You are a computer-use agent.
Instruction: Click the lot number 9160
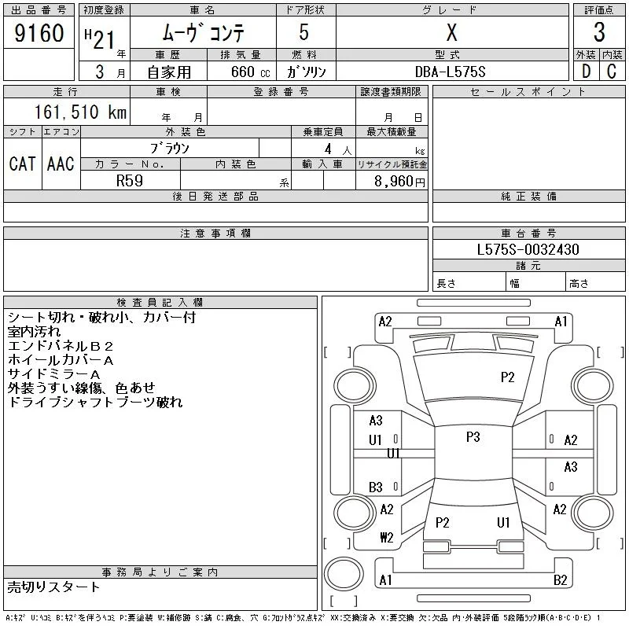39,33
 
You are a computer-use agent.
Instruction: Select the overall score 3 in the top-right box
599,32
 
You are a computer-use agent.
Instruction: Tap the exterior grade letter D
586,72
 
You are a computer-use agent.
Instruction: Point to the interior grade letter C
612,72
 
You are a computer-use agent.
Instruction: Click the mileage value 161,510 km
80,112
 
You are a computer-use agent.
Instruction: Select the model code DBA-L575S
450,72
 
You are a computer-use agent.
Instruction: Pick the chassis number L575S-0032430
528,249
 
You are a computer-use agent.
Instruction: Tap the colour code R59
130,181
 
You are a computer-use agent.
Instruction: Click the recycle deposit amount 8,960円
399,182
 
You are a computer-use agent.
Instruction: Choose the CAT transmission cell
23,164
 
